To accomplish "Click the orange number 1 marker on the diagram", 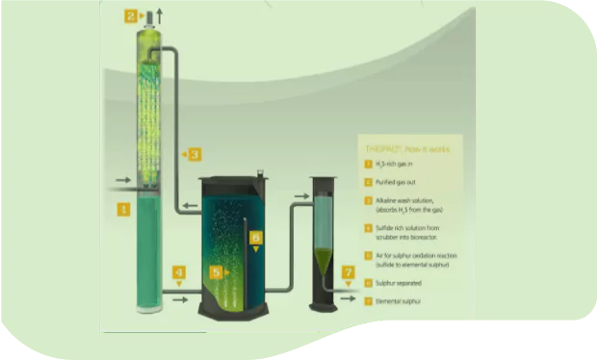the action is point(122,207).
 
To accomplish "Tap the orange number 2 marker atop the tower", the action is point(131,15).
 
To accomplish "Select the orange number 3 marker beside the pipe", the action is point(195,154).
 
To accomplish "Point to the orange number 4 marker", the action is point(179,272).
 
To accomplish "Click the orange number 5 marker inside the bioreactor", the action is point(216,272).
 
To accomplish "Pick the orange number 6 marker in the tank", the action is point(255,236).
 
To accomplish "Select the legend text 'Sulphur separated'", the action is point(398,283).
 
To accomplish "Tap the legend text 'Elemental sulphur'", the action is point(398,302).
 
